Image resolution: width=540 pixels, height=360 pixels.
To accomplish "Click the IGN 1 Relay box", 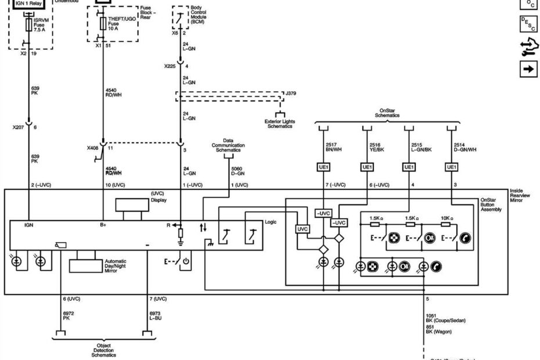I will pyautogui.click(x=28, y=3).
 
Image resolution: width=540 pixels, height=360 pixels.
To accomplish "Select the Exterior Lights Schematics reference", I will pyautogui.click(x=280, y=124).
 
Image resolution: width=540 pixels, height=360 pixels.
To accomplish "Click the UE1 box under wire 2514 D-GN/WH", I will pyautogui.click(x=452, y=167).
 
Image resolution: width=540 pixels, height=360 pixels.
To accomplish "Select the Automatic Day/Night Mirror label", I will pyautogui.click(x=116, y=266).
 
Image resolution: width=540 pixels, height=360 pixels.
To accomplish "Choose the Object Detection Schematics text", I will pyautogui.click(x=103, y=350).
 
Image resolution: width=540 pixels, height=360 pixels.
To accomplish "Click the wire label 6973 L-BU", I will pyautogui.click(x=156, y=316).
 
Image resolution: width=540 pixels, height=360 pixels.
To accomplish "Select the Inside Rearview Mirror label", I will pyautogui.click(x=521, y=195).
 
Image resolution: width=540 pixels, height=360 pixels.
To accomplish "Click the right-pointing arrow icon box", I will pyautogui.click(x=528, y=69).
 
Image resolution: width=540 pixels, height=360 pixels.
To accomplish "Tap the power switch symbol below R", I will pyautogui.click(x=186, y=261).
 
